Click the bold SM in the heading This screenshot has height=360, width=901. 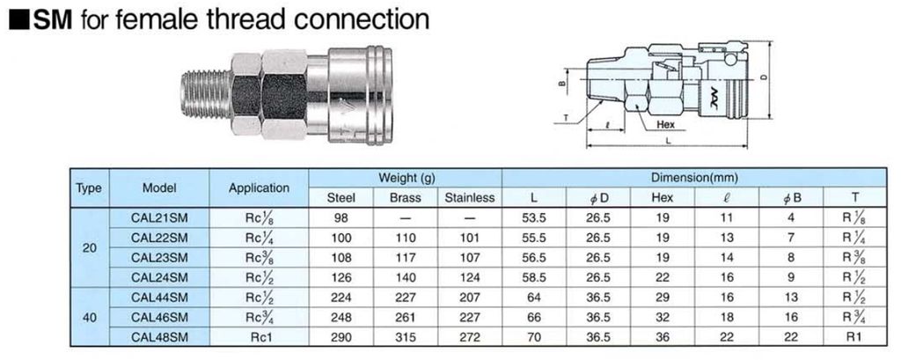(x=52, y=19)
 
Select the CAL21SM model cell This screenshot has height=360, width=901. (x=159, y=217)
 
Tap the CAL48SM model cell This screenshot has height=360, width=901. (x=159, y=337)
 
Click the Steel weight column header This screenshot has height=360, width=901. (x=341, y=197)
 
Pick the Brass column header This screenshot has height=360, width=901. (x=405, y=197)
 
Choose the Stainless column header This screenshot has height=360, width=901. (x=470, y=197)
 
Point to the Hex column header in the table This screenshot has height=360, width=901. (x=662, y=197)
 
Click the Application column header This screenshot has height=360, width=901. (x=259, y=187)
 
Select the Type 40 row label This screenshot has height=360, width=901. (x=90, y=317)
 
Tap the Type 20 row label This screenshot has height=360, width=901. (x=90, y=247)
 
